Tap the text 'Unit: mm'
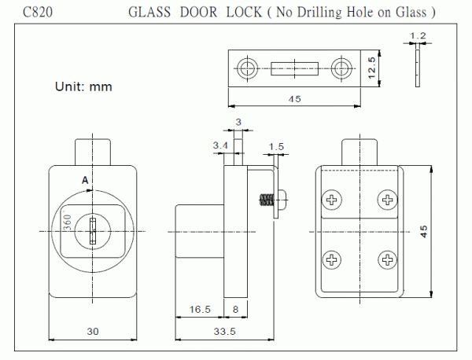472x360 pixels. coord(83,86)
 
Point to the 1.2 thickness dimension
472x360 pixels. coord(418,37)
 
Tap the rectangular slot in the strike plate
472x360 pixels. coord(296,68)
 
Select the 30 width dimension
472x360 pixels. coord(92,332)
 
